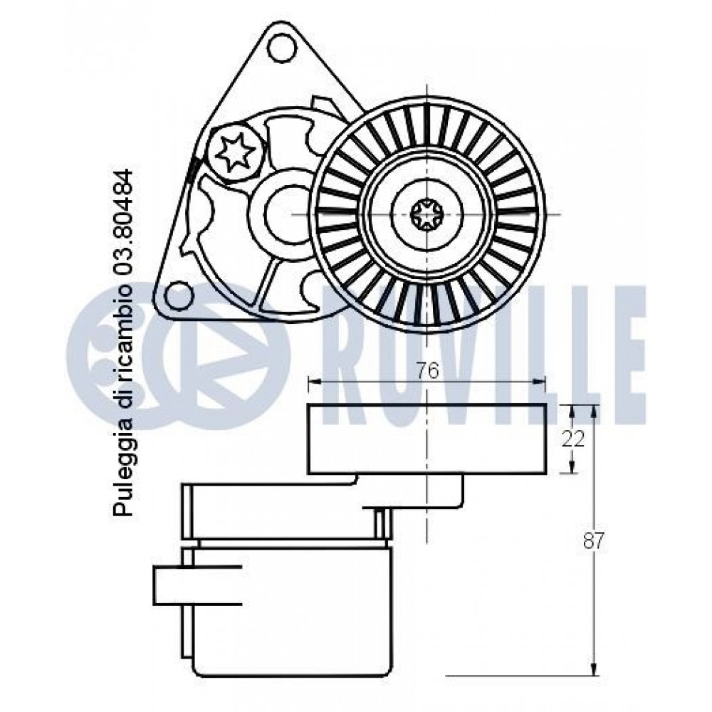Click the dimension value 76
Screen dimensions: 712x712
pyautogui.click(x=428, y=371)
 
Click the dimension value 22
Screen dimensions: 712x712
pyautogui.click(x=572, y=439)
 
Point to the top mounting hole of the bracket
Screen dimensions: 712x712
pyautogui.click(x=279, y=48)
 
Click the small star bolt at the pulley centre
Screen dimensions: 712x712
pyautogui.click(x=426, y=213)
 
